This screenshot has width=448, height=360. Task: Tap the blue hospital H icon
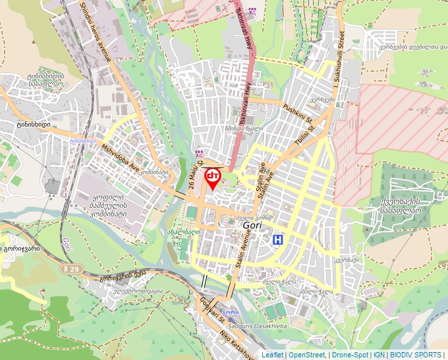[278, 240]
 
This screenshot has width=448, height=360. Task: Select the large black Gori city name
[254, 225]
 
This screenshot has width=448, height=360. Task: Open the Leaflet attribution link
[272, 355]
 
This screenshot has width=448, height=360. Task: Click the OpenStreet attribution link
[306, 355]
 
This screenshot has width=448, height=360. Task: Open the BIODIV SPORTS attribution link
[416, 355]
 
